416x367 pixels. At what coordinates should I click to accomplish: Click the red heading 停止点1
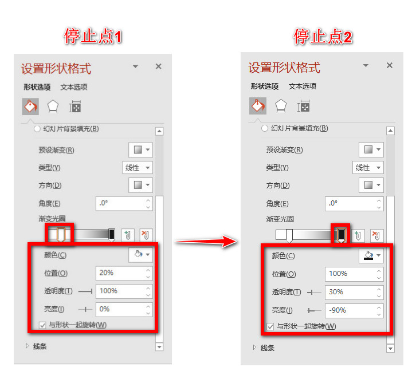(x=93, y=37)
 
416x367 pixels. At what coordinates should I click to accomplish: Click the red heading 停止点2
(x=323, y=37)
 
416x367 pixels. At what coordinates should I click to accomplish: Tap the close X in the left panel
(x=159, y=66)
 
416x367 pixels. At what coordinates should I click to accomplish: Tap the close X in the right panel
(x=390, y=65)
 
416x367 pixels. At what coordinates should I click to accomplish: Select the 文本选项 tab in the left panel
(x=74, y=87)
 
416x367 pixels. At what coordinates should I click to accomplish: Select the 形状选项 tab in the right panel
(x=265, y=86)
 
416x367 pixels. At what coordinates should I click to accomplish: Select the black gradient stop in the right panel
(x=341, y=235)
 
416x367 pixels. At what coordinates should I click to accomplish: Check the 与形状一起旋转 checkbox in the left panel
(x=42, y=325)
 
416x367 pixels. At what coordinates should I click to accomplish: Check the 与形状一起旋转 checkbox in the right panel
(x=270, y=326)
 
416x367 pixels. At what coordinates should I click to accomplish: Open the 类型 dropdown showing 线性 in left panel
(x=138, y=168)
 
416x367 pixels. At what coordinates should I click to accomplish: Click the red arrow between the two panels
(x=206, y=242)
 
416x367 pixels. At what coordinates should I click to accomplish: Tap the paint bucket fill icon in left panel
(x=30, y=106)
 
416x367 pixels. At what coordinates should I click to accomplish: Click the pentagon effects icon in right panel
(x=281, y=106)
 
